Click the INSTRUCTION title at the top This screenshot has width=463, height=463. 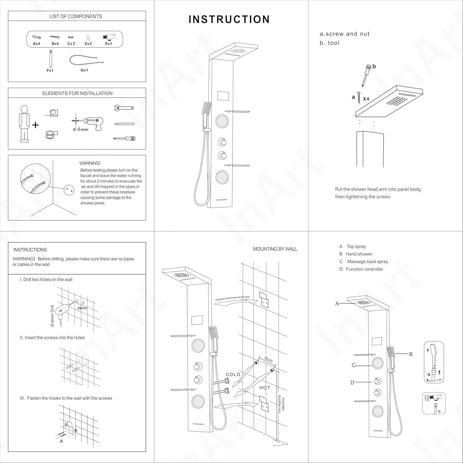point(229,19)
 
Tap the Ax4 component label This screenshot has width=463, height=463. point(36,44)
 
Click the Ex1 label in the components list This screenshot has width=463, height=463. point(108,44)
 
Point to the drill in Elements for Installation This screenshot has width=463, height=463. point(93,123)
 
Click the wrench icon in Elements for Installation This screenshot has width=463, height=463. point(123,108)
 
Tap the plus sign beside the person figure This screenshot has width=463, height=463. point(35,125)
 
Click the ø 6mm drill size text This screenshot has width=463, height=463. point(81,130)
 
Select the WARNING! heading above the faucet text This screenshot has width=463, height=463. point(90,163)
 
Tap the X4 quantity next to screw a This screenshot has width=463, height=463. point(366,99)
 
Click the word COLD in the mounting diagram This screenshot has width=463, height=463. point(233,374)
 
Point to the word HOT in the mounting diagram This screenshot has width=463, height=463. point(265,388)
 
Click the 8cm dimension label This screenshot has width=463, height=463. point(269,360)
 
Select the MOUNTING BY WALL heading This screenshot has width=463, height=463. point(275,249)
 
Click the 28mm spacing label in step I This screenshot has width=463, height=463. point(82,308)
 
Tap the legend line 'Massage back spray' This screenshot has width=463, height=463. point(367,261)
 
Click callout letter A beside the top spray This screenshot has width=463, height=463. point(337,304)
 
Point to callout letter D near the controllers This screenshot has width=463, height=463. point(352,383)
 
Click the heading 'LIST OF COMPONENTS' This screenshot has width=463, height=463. point(76,16)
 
